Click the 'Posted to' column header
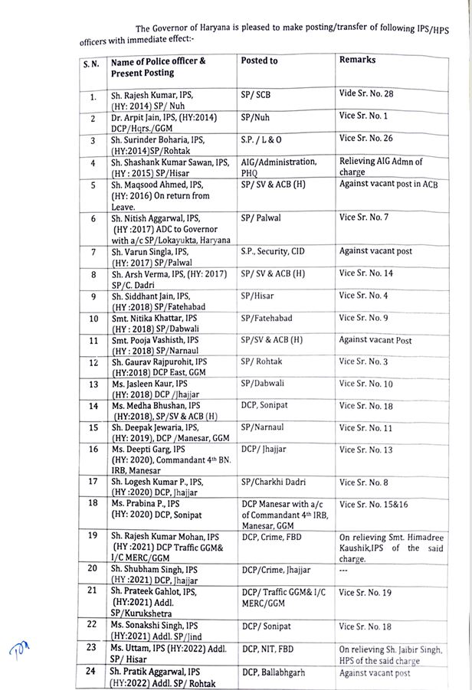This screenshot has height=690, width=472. click(x=259, y=60)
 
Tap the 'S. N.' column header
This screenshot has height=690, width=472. click(x=91, y=66)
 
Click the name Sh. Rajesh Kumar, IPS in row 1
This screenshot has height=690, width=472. click(x=152, y=93)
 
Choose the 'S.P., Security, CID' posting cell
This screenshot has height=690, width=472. click(x=275, y=251)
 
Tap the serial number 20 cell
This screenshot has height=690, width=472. click(x=92, y=568)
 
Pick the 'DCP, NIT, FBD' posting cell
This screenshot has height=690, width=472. click(x=269, y=648)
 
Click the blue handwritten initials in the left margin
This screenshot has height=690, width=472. click(x=18, y=652)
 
